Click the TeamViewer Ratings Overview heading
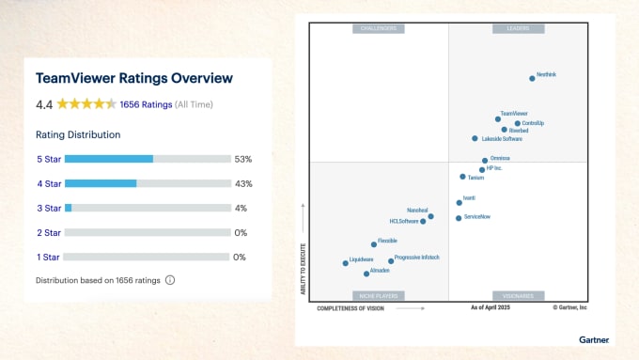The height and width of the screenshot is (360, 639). pyautogui.click(x=133, y=79)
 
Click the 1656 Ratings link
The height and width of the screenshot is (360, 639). pyautogui.click(x=145, y=104)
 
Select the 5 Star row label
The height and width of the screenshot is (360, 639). pyautogui.click(x=49, y=159)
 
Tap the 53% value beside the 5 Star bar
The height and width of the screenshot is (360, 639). pyautogui.click(x=243, y=159)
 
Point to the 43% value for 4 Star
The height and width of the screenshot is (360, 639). pyautogui.click(x=243, y=183)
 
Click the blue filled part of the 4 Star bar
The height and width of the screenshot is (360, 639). pyautogui.click(x=101, y=183)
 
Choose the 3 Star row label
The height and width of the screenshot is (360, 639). pyautogui.click(x=49, y=208)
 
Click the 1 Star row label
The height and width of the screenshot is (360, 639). pyautogui.click(x=49, y=257)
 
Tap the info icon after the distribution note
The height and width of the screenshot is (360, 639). pyautogui.click(x=170, y=280)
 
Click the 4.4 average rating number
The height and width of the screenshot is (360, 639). pyautogui.click(x=44, y=104)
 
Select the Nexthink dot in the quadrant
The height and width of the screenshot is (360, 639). pyautogui.click(x=532, y=78)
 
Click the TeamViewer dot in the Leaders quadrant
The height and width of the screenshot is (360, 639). pyautogui.click(x=498, y=119)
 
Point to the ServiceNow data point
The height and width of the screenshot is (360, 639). pyautogui.click(x=459, y=218)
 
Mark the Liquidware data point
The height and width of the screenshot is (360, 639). pyautogui.click(x=345, y=263)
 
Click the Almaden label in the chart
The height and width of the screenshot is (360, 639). pyautogui.click(x=380, y=271)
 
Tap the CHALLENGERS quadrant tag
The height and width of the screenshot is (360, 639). pyautogui.click(x=379, y=28)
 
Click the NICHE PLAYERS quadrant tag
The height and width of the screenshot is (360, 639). pyautogui.click(x=379, y=295)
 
